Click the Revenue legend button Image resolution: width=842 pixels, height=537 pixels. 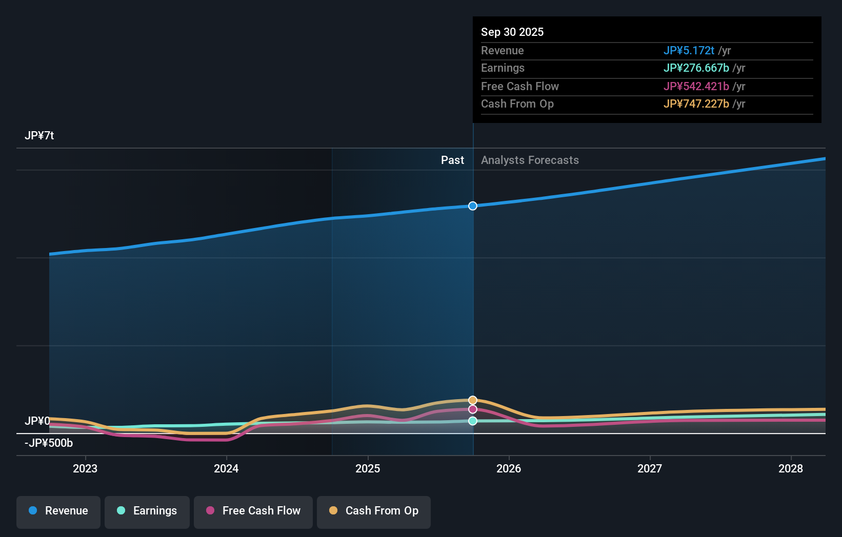click(58, 511)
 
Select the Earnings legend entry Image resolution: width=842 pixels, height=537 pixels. click(147, 511)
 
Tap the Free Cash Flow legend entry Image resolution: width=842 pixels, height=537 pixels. click(253, 511)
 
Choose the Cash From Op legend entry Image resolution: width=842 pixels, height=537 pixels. click(374, 511)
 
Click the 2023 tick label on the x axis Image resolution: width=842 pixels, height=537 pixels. click(85, 469)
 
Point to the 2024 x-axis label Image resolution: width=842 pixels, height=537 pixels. click(226, 469)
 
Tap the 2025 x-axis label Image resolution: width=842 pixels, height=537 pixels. click(368, 469)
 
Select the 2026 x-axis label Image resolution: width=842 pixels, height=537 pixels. click(509, 469)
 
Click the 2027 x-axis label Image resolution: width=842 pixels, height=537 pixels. click(650, 469)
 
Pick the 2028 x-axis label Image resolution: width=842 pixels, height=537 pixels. click(791, 469)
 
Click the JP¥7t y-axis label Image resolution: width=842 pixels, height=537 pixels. click(39, 136)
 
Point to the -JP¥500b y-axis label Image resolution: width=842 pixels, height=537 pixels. click(49, 443)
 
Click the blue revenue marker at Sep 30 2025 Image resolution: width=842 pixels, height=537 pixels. click(473, 206)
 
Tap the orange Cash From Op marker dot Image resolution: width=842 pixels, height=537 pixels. click(473, 400)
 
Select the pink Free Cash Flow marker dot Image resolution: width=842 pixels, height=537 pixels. click(473, 409)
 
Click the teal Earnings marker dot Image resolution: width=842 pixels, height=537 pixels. click(473, 421)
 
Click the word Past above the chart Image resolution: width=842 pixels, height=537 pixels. click(452, 160)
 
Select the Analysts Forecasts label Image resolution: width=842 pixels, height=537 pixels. click(530, 160)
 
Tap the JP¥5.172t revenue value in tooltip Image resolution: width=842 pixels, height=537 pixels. click(689, 51)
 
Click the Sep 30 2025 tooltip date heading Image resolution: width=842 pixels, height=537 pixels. click(512, 32)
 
